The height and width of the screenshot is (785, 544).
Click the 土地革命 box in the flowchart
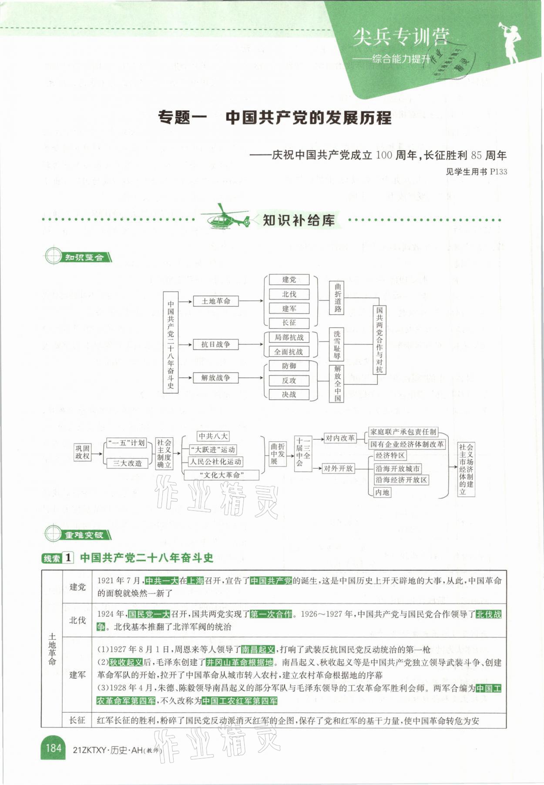tap(216, 301)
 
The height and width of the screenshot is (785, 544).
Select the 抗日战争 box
tap(215, 345)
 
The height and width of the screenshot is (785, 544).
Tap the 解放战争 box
tap(215, 378)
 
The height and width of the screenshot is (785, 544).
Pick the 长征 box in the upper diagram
tap(289, 323)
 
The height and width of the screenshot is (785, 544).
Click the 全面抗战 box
tap(289, 352)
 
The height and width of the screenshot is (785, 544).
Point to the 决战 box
tap(289, 395)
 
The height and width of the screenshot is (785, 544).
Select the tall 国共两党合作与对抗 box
tap(379, 339)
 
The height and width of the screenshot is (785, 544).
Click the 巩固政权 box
tap(82, 452)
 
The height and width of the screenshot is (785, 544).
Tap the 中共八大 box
tap(213, 436)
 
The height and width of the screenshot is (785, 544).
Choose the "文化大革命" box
tap(222, 475)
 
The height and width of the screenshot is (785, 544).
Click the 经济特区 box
tap(390, 456)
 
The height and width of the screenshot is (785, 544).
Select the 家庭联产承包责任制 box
tap(403, 432)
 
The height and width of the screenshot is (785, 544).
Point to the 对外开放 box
tap(338, 469)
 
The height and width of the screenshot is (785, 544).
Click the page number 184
tap(53, 748)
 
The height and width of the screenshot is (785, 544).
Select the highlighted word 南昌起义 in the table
tap(258, 650)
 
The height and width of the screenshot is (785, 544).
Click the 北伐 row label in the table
tap(77, 621)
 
